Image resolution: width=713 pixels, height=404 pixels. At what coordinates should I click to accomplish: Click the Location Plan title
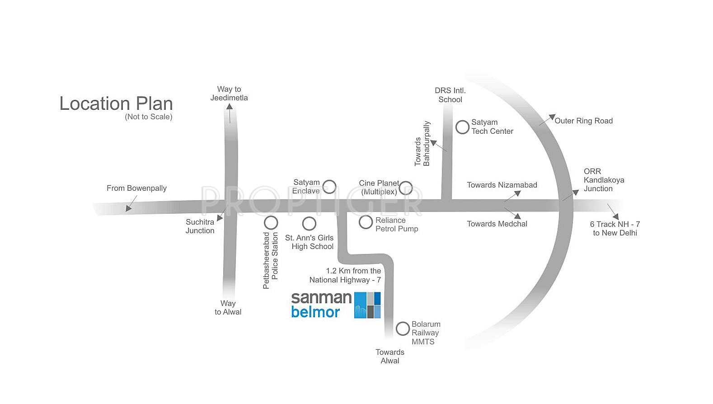116,103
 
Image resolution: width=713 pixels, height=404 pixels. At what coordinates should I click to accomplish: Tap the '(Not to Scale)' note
149,117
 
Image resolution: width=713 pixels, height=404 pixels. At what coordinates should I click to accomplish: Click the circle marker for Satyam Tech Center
462,127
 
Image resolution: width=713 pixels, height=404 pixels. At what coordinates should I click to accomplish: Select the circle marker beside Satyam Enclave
329,187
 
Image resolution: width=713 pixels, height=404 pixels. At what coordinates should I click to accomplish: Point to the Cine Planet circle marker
406,188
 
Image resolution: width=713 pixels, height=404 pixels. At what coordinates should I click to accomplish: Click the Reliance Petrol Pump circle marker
366,222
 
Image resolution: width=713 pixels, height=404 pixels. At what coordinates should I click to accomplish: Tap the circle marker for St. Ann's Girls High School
309,223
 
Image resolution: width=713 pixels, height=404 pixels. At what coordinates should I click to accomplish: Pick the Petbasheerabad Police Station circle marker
271,222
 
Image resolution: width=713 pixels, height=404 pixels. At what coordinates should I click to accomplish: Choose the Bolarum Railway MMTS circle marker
403,329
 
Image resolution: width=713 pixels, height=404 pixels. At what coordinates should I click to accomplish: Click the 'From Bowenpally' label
136,188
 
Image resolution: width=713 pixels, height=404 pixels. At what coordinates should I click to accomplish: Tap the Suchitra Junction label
200,226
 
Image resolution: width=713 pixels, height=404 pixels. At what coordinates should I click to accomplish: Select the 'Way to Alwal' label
228,308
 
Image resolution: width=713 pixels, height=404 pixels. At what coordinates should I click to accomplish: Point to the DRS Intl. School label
450,95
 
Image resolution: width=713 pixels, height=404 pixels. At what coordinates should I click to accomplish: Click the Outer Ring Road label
583,121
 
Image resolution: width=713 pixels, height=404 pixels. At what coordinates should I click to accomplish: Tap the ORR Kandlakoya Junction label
604,180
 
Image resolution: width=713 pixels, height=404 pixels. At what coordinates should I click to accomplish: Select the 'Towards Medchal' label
497,224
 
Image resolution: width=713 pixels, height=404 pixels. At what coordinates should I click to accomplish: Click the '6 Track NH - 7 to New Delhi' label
615,229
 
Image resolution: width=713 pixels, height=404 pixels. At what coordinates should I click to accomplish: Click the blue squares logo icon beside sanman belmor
367,305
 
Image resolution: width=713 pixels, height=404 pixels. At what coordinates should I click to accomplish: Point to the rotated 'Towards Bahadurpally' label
422,144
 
